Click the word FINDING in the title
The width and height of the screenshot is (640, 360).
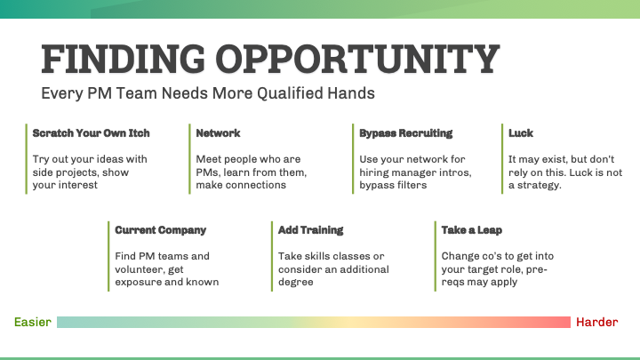click(108, 59)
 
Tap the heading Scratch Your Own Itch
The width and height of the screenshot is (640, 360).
click(91, 133)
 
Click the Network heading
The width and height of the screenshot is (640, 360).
click(218, 133)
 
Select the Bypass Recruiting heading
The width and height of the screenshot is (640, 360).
click(405, 133)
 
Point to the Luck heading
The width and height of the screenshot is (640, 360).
click(521, 133)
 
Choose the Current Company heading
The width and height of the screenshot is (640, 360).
click(160, 230)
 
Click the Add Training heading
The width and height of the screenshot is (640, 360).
click(310, 230)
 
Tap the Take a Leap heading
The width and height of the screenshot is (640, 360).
click(473, 230)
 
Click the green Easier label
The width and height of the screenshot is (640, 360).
click(32, 322)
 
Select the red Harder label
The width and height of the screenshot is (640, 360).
click(596, 322)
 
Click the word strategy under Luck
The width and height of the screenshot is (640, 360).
click(542, 186)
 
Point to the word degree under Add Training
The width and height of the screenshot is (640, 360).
click(298, 283)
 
